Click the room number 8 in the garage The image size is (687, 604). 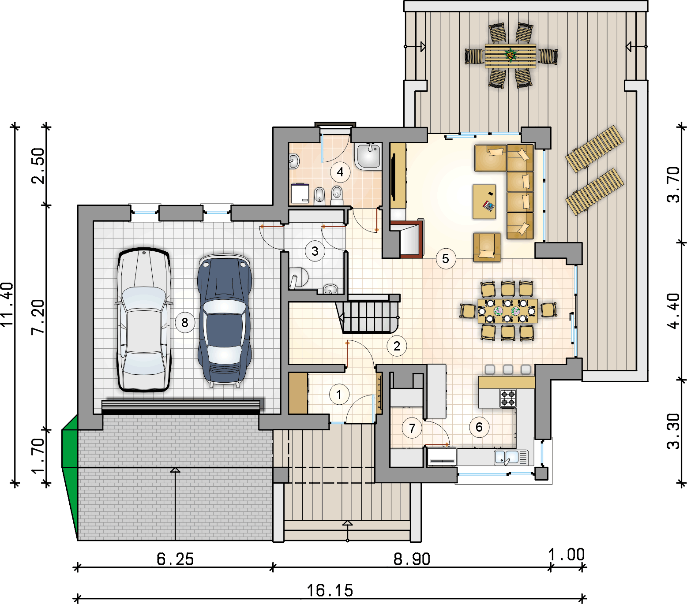(x=185, y=323)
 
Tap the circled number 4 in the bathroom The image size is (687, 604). (x=340, y=172)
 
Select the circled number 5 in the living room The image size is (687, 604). (x=446, y=259)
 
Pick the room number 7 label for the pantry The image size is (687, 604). (x=412, y=428)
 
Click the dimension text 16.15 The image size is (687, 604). (x=330, y=590)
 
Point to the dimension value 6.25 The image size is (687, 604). (x=175, y=559)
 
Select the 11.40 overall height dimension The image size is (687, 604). (x=8, y=304)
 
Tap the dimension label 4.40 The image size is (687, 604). (x=674, y=311)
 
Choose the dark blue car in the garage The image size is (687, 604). (x=225, y=320)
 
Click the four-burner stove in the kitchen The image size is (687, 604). (x=507, y=398)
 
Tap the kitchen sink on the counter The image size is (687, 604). (x=506, y=457)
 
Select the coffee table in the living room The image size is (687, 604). (x=484, y=201)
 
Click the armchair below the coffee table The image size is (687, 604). (x=487, y=247)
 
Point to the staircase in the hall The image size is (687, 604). (x=368, y=313)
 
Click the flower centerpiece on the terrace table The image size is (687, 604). (x=511, y=55)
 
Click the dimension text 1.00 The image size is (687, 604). (x=567, y=555)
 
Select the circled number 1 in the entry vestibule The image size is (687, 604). (x=339, y=395)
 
